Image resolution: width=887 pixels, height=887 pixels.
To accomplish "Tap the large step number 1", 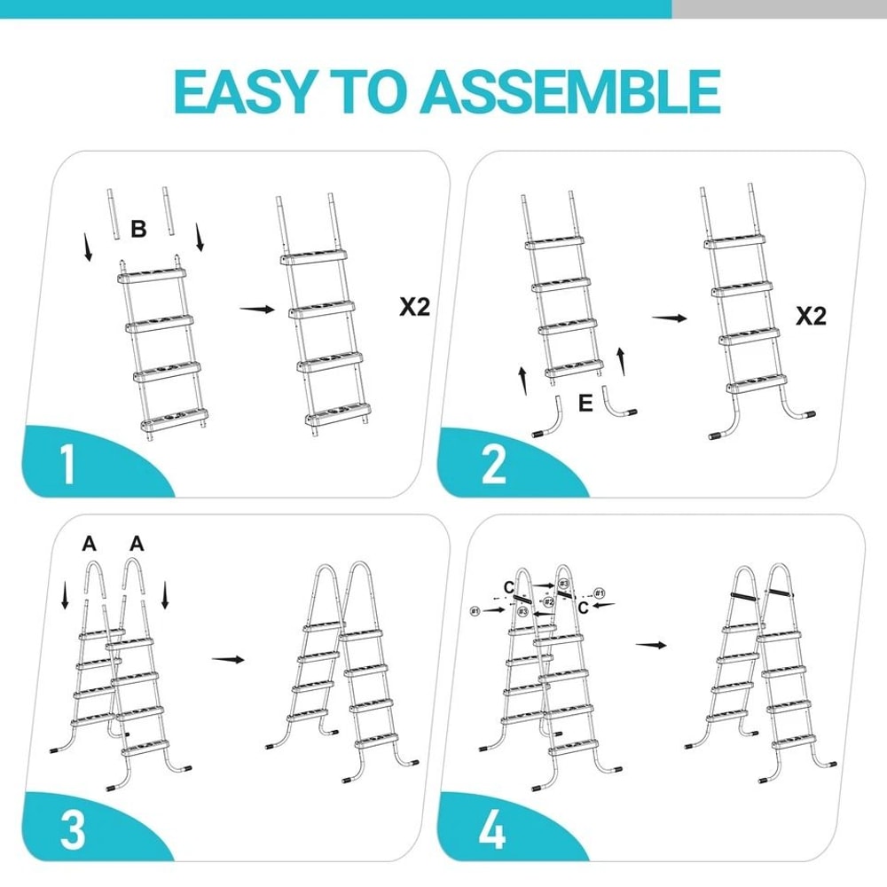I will point(67,465).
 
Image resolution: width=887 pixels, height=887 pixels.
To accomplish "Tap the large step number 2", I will point(493,465).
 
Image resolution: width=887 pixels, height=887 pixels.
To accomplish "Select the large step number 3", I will point(72,830).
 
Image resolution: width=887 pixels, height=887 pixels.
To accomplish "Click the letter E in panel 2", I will point(585,404).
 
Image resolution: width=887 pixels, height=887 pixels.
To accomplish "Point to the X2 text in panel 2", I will point(809,317).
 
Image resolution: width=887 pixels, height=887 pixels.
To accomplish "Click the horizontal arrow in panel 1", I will point(257,309).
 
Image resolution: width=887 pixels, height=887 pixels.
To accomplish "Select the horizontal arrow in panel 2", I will point(669,318).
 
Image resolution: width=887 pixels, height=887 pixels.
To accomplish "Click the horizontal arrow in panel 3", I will point(229,659).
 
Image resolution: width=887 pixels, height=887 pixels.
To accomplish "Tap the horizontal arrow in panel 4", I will point(652,645).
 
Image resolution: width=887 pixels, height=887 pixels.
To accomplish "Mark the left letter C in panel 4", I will point(507,587).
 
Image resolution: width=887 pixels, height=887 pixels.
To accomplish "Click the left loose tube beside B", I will point(113,212).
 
